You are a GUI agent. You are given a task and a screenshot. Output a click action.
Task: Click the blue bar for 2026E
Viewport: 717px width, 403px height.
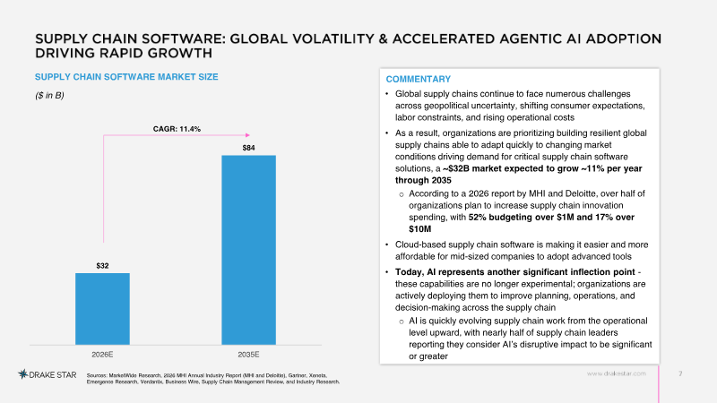click(x=102, y=309)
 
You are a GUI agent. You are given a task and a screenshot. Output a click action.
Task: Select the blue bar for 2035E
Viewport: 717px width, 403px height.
click(x=249, y=250)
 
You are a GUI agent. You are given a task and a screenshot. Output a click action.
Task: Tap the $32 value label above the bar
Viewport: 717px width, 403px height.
click(x=102, y=266)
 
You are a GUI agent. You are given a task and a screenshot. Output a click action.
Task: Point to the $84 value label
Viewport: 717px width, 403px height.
click(x=249, y=148)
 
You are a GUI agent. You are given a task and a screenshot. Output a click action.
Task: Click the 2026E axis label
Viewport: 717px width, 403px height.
click(x=102, y=355)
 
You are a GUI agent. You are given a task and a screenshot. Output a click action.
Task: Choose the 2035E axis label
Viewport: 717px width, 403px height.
click(x=249, y=355)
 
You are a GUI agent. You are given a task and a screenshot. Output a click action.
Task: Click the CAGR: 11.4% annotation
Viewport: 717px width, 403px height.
click(x=177, y=129)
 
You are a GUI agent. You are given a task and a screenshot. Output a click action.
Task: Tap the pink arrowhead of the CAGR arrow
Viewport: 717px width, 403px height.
click(x=247, y=135)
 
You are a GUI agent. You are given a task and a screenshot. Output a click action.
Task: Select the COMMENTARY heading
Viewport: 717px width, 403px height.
click(x=419, y=79)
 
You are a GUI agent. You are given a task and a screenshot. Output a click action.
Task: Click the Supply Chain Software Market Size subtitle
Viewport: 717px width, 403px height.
click(x=126, y=77)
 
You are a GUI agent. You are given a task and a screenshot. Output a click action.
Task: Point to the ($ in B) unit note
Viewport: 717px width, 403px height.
click(x=49, y=96)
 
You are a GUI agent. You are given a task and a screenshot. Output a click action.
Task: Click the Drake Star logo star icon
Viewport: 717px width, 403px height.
click(x=23, y=374)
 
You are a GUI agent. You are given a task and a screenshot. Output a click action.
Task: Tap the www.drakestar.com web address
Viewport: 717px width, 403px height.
click(x=617, y=373)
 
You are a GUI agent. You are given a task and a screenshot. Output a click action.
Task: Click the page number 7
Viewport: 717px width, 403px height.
click(x=680, y=373)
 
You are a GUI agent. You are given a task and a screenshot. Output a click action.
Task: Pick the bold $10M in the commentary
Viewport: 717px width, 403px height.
click(x=420, y=229)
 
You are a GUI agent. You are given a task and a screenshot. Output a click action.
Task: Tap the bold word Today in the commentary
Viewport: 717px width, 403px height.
click(x=409, y=273)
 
